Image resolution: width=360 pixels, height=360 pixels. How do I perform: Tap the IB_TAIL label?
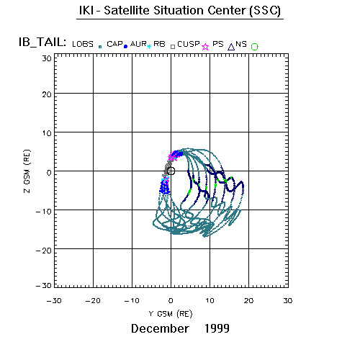click(42, 42)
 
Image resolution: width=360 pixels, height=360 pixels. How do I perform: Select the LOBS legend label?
click(83, 44)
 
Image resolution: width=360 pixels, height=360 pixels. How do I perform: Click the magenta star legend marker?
click(205, 47)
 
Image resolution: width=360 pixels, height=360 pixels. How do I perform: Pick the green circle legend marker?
click(254, 47)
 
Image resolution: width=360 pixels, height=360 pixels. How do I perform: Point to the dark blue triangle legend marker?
click(231, 47)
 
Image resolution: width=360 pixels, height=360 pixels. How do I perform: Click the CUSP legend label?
click(189, 44)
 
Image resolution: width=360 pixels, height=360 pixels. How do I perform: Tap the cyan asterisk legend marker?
click(149, 47)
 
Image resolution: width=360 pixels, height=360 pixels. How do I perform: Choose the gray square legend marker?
click(173, 47)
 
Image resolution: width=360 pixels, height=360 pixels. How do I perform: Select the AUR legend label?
click(138, 44)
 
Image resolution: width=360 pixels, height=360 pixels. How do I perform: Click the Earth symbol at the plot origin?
click(171, 171)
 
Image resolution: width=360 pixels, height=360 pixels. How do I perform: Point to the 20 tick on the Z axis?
click(47, 94)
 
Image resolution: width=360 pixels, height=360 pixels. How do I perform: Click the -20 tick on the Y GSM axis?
click(93, 301)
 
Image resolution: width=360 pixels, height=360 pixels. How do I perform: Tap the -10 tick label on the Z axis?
click(44, 212)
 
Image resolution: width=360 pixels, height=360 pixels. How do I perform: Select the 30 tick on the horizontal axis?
click(288, 301)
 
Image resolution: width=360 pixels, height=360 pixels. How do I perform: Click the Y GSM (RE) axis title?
click(171, 314)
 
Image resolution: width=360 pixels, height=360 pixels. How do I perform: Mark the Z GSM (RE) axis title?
click(27, 171)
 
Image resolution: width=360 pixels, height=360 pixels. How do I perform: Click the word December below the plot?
click(160, 328)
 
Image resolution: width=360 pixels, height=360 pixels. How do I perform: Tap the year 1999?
click(217, 328)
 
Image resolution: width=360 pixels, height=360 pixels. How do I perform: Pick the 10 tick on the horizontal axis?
click(210, 301)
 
